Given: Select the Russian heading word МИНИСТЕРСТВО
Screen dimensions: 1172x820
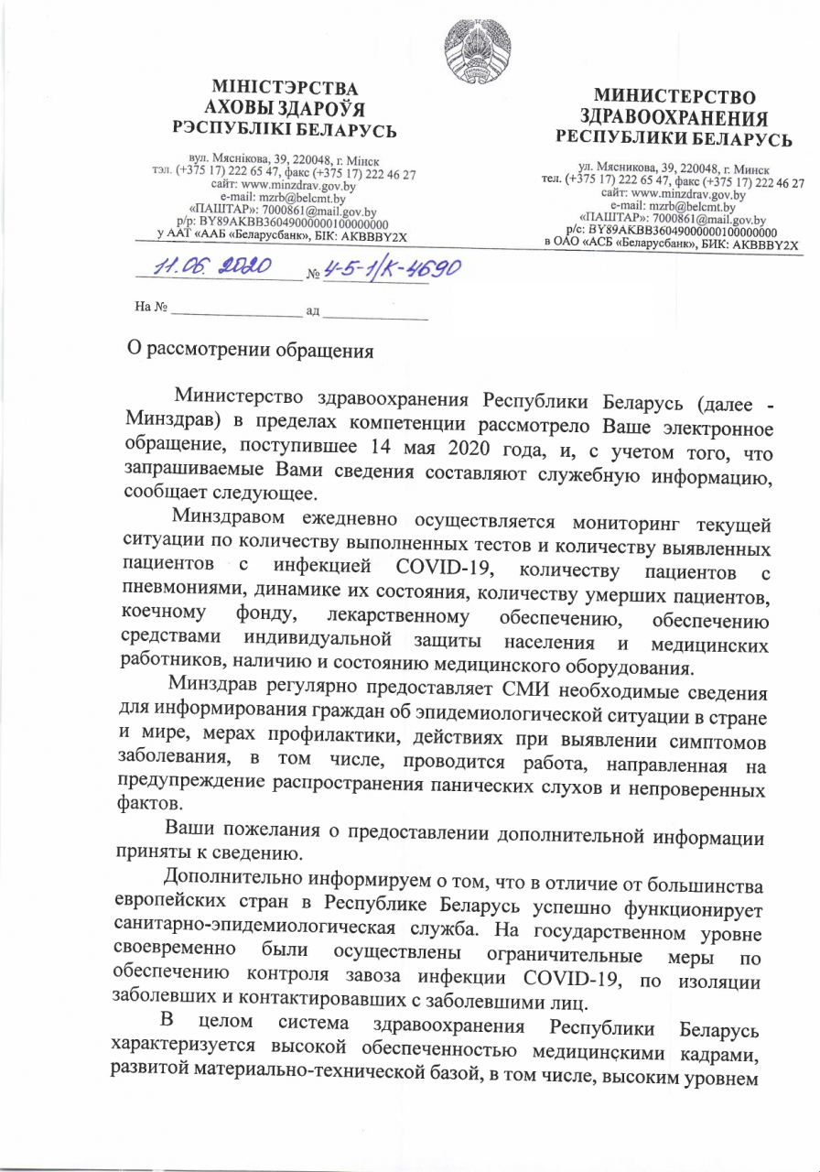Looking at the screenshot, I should point(675,97).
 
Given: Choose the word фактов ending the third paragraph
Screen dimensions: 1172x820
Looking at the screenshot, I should point(150,807).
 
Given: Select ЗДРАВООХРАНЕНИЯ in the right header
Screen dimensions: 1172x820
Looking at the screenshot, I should point(675,118).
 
